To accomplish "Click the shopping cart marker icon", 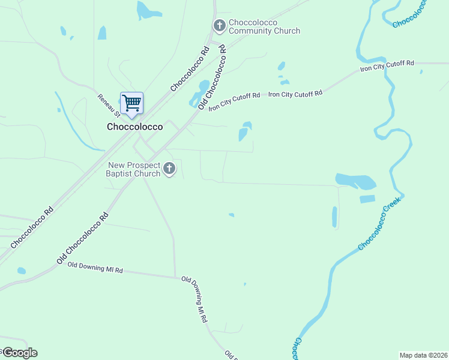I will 131,103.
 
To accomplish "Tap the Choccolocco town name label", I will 134,127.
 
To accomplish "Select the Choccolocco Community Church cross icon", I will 219,25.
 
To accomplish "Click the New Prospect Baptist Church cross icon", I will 169,169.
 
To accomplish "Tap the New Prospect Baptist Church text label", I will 134,169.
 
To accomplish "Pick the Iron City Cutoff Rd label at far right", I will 387,66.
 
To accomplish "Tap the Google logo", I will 19,352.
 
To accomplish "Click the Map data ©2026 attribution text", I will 423,355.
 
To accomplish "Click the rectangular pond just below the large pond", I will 367,199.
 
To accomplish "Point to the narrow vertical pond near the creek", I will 334,217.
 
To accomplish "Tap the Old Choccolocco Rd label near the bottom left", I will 83,238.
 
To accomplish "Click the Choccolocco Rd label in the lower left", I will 32,227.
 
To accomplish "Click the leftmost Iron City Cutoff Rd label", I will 234,101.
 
